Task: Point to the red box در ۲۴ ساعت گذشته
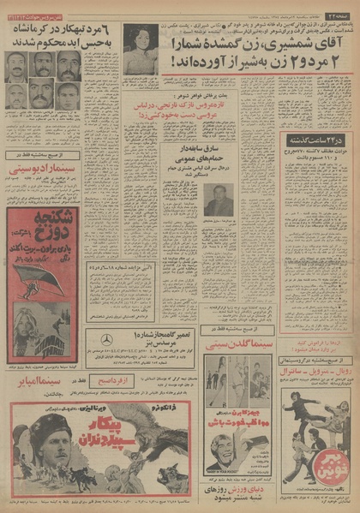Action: (309, 139)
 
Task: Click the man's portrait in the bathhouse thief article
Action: (219, 198)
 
